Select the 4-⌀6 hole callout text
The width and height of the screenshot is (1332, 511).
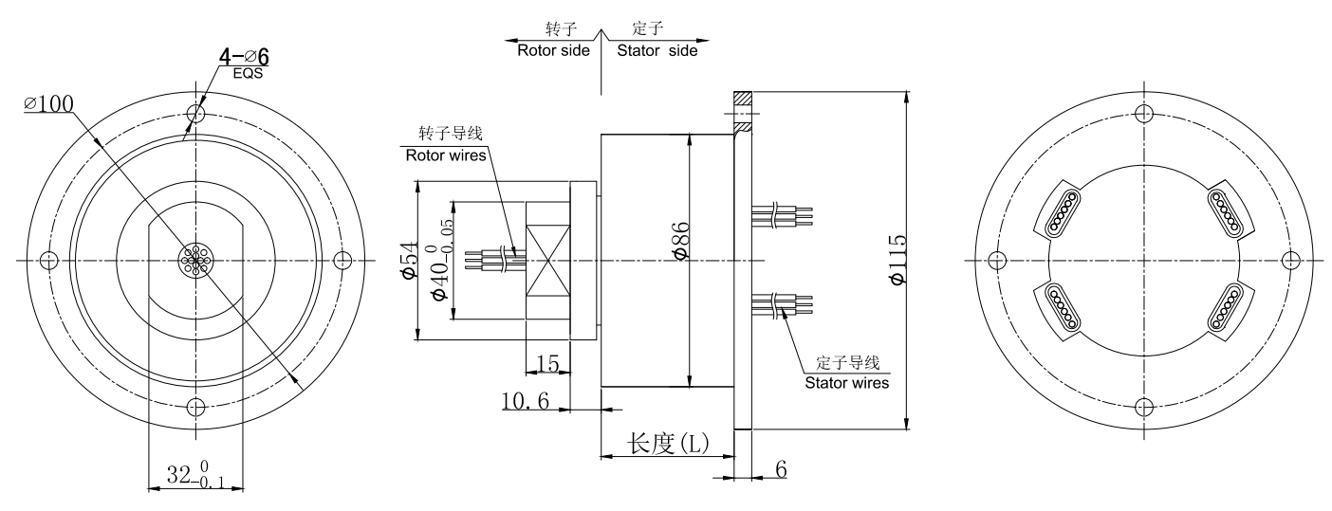pos(243,58)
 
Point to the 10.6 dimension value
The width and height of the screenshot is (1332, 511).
pos(526,401)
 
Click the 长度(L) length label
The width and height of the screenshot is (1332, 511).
pos(665,444)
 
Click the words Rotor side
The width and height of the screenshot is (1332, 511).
pos(552,50)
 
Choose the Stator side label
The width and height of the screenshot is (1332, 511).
pos(657,50)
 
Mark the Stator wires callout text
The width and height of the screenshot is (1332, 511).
pos(847,383)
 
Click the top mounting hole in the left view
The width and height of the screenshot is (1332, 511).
pos(195,113)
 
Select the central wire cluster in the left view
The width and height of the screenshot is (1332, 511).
pos(195,260)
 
